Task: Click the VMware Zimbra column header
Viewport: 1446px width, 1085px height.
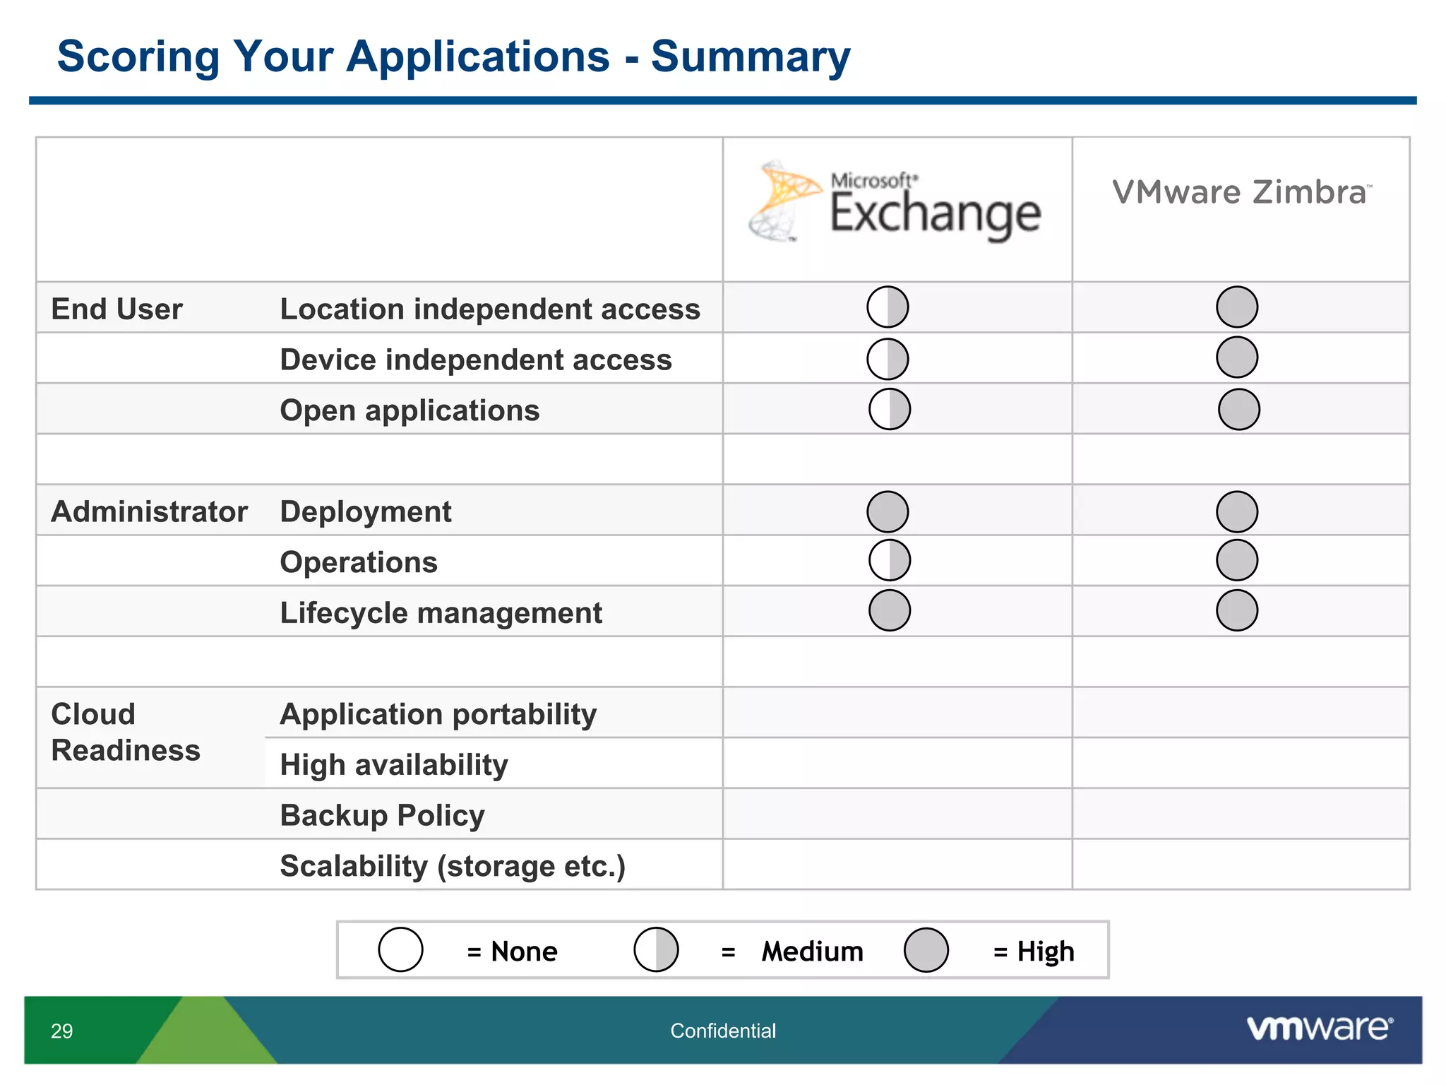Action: (x=1241, y=193)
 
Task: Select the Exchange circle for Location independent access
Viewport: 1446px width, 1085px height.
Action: (x=888, y=307)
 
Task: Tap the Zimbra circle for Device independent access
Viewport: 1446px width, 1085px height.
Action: (x=1237, y=357)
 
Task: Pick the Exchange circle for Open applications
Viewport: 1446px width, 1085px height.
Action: (x=890, y=409)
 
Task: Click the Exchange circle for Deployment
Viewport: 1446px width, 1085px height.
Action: (x=888, y=511)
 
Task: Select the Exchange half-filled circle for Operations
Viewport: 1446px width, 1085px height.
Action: (x=890, y=560)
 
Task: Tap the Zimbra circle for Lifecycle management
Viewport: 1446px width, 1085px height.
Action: (x=1237, y=610)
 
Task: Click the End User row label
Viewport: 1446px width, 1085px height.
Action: (x=117, y=309)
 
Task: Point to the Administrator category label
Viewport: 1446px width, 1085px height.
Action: (x=150, y=511)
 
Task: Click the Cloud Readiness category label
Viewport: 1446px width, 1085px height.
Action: (x=126, y=732)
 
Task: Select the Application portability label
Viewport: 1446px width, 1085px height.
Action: (x=438, y=714)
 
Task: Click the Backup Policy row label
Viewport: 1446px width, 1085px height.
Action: (x=382, y=815)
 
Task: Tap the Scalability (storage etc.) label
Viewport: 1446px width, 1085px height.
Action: (x=453, y=866)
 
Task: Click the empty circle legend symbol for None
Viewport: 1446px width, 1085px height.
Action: (x=400, y=950)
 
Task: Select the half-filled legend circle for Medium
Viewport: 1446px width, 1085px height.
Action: (x=656, y=950)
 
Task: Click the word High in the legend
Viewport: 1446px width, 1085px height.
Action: (x=1046, y=951)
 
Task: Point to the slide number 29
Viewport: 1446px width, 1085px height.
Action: (x=62, y=1031)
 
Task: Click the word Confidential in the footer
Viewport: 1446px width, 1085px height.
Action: (x=723, y=1031)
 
